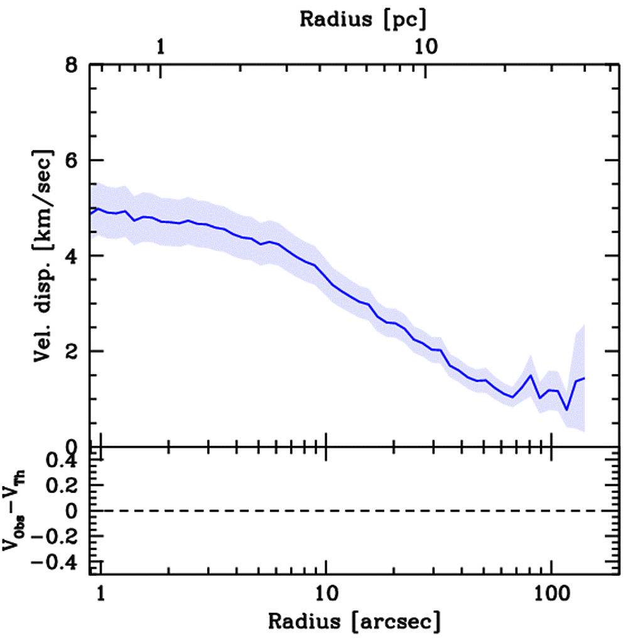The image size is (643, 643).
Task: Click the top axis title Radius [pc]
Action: tap(363, 19)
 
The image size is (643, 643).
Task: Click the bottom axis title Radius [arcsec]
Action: tap(354, 622)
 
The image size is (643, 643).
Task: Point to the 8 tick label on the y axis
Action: tap(75, 65)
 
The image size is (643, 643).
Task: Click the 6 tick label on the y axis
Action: tap(75, 161)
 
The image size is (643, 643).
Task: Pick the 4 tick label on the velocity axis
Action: tap(75, 256)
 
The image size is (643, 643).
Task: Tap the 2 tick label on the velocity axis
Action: tap(75, 352)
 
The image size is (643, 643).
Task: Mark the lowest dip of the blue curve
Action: tap(566, 410)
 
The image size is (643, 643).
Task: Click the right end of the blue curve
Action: tap(585, 378)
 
